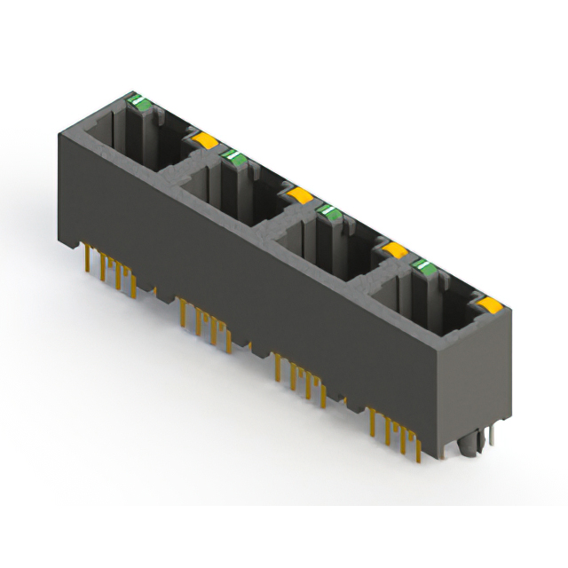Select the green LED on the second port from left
point(234,158)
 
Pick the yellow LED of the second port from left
point(299,194)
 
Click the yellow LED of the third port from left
point(394,251)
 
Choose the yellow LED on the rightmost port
point(487,306)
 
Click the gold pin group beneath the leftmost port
point(111,272)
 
